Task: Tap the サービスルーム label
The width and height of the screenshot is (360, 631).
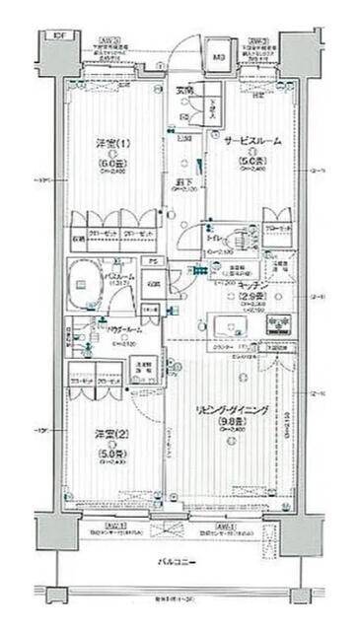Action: coord(251,141)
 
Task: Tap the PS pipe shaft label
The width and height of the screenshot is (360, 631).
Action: coord(151,261)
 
